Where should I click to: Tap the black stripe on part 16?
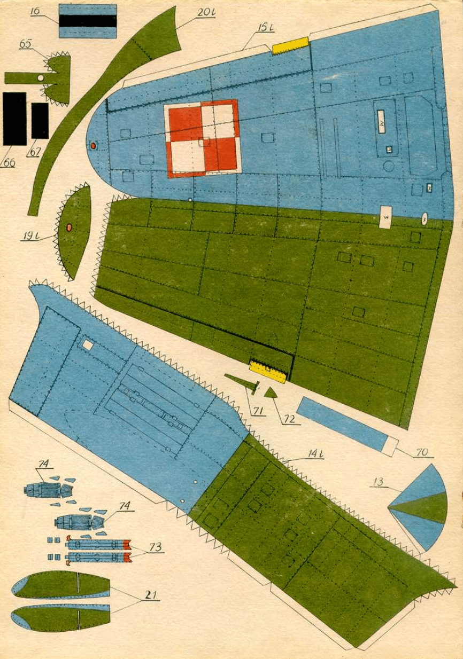tap(88, 21)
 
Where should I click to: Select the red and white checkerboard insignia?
tap(203, 139)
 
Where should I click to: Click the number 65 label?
tap(26, 44)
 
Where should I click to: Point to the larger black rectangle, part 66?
tap(14, 118)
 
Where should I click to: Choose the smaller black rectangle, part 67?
tap(40, 121)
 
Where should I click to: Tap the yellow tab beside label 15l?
tap(290, 46)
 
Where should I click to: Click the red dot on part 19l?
tap(69, 227)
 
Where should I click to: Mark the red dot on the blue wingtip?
tap(93, 145)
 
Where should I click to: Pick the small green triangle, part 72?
tap(271, 393)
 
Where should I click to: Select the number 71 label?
tap(259, 410)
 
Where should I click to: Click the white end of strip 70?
tap(391, 445)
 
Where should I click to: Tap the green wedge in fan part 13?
tap(425, 508)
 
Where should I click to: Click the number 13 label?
tap(379, 482)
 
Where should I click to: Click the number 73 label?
tap(155, 547)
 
